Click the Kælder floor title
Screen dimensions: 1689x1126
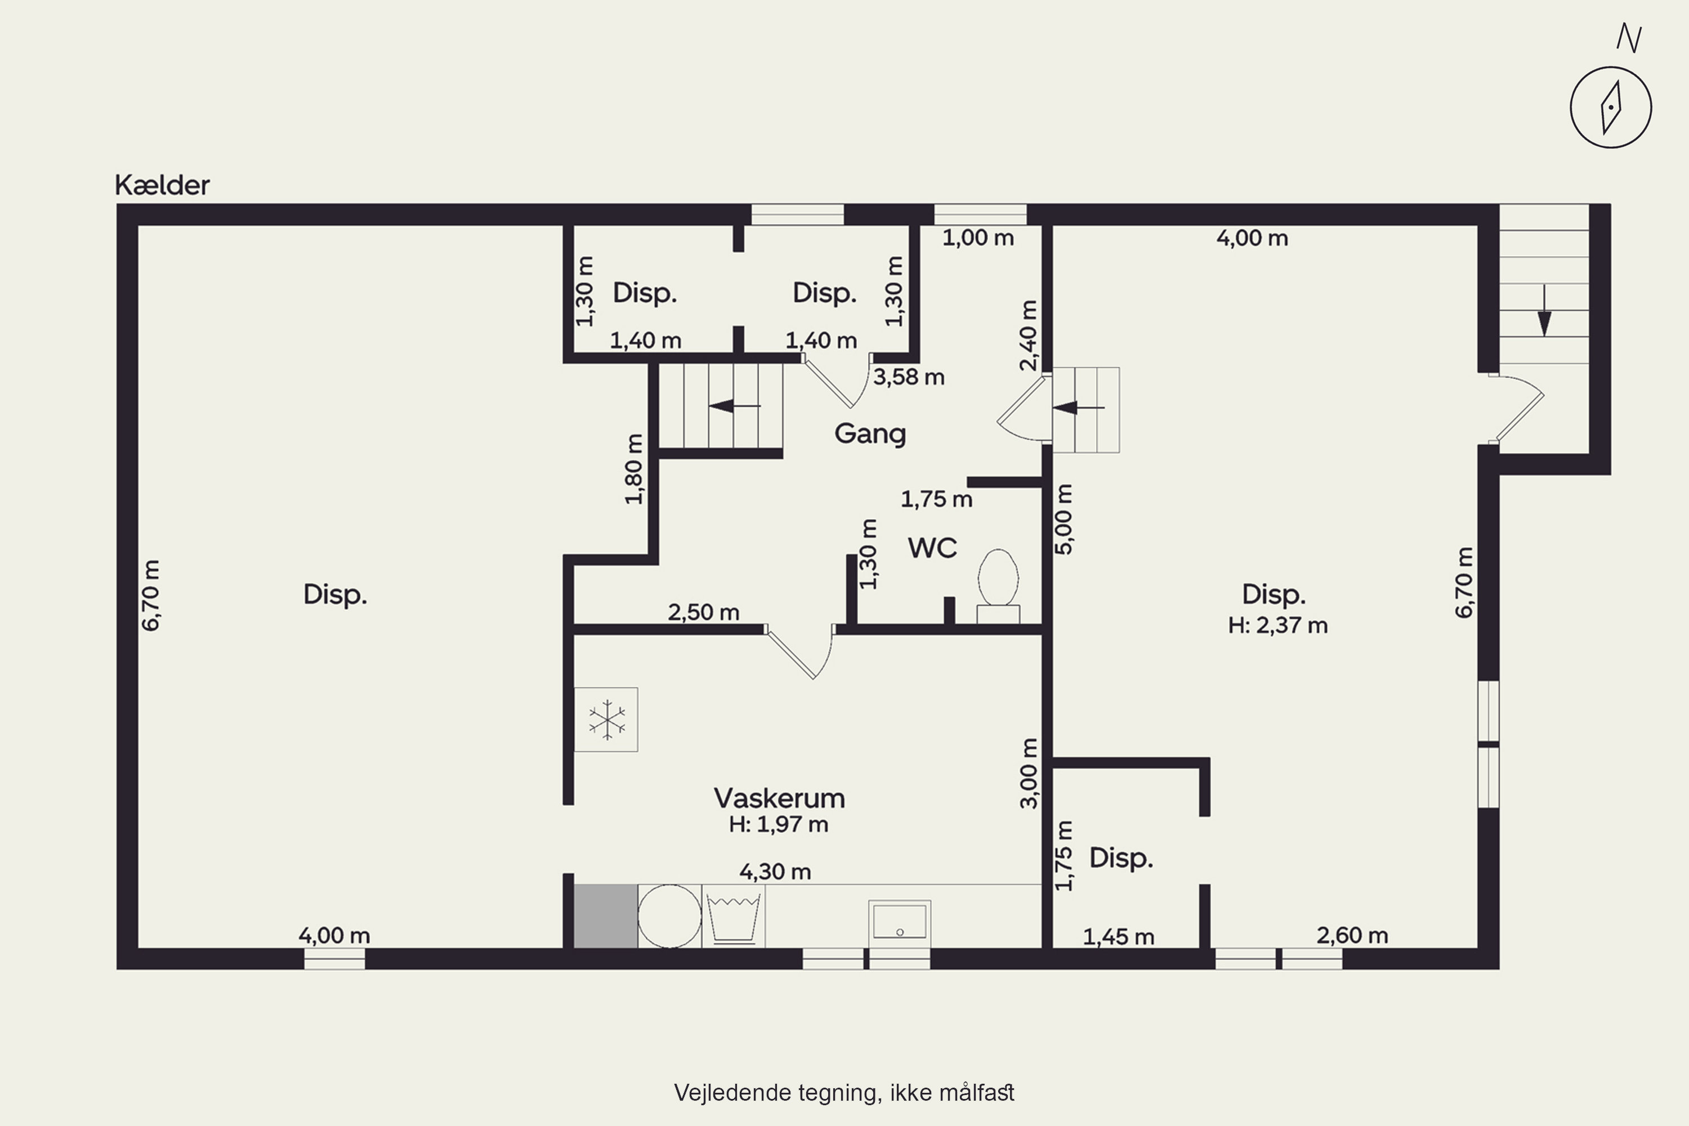[x=162, y=185]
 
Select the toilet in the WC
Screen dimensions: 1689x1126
[x=998, y=586]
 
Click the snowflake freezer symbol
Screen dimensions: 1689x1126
[x=606, y=720]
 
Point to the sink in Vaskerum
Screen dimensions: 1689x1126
[x=900, y=923]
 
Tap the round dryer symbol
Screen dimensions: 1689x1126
[x=669, y=917]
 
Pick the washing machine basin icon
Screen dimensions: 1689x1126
[x=733, y=917]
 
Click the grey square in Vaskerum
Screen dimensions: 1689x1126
[x=605, y=917]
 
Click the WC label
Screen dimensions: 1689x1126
[x=933, y=548]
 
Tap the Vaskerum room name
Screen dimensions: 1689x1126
[x=779, y=798]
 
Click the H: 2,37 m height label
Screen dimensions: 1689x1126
[x=1277, y=625]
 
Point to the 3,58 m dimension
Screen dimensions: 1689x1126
[x=909, y=377]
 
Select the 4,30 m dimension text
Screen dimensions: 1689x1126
[x=776, y=872]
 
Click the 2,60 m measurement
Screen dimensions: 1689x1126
[x=1352, y=936]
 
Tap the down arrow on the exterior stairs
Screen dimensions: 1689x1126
[x=1544, y=310]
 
